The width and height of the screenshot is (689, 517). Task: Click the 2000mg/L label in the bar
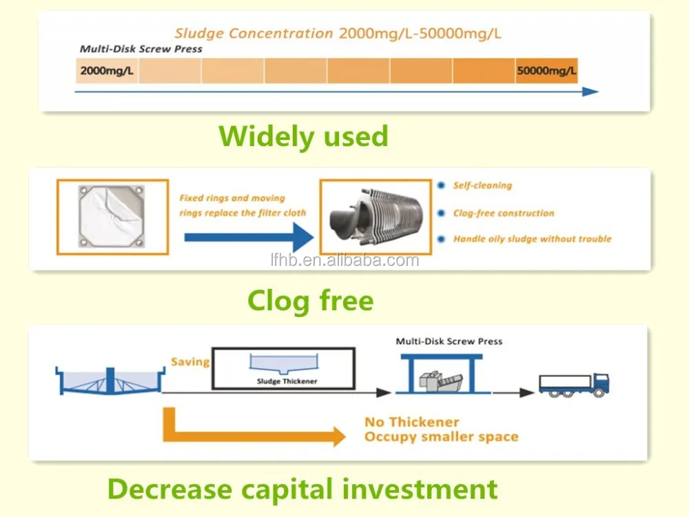coord(107,71)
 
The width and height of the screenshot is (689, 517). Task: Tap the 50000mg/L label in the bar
coord(546,71)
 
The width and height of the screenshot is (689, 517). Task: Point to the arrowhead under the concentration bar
coord(590,92)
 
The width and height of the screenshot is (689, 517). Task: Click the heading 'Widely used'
coord(304,136)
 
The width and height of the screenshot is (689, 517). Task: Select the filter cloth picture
coord(112,216)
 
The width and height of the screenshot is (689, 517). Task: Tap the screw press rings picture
coord(376,216)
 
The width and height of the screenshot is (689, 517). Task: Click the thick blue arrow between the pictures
coord(249,237)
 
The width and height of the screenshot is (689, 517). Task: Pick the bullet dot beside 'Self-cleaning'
coord(441,185)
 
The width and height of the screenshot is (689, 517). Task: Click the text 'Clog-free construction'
coord(504,213)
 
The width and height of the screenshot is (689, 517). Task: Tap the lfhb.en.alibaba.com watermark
coord(345,261)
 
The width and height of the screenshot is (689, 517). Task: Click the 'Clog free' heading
coord(311,301)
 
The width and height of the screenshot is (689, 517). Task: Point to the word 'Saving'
coord(190,363)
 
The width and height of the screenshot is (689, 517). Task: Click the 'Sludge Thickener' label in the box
coord(287,381)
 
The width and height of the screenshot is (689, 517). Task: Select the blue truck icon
coord(574,385)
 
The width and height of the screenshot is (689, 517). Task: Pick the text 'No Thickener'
coord(412,422)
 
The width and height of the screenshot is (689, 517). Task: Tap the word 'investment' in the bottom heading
coord(420,489)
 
